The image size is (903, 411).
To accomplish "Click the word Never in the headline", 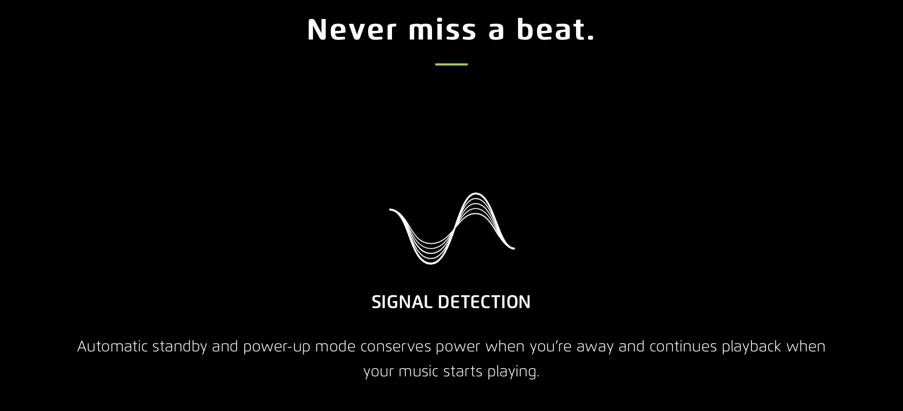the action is tap(352, 29).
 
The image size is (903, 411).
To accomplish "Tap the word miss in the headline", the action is tap(442, 29).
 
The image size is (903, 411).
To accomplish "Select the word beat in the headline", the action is tap(552, 29).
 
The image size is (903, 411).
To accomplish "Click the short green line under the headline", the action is tap(451, 64).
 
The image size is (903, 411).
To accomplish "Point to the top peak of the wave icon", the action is tap(476, 194).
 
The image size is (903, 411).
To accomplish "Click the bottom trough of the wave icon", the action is tap(430, 264).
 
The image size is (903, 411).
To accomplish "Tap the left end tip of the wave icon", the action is tap(390, 210).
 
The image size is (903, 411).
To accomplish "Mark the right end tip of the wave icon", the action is tap(514, 248).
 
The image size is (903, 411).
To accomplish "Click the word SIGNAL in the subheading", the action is tap(402, 302).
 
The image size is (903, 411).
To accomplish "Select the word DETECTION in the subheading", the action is tap(485, 302).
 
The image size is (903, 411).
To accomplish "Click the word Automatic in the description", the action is tap(113, 347).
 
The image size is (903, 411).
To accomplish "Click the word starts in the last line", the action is tap(463, 371).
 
